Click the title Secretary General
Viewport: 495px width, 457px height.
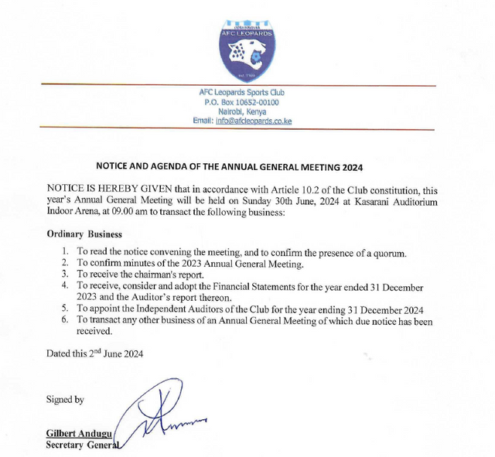(81, 445)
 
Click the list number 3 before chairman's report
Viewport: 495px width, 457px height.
(65, 274)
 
